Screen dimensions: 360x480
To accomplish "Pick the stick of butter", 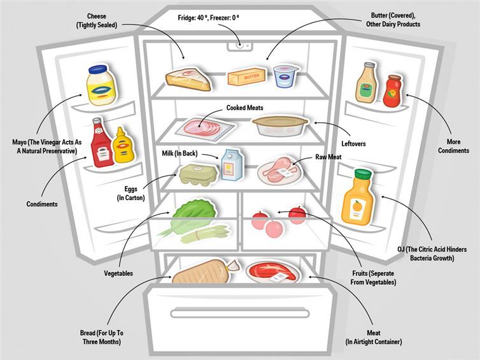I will (x=245, y=78).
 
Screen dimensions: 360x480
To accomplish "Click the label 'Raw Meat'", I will (x=330, y=157).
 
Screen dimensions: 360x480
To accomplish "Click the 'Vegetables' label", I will (x=118, y=273).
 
